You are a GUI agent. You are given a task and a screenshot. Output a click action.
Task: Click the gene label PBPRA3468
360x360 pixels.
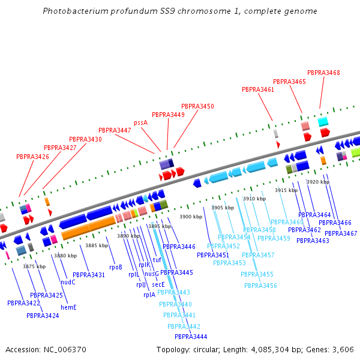click(323, 73)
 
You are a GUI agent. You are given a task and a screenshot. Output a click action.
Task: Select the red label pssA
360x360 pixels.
click(140, 122)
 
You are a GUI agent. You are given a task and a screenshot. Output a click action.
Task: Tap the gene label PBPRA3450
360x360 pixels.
click(197, 106)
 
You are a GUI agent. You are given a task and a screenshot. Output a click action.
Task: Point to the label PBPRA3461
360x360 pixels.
click(258, 89)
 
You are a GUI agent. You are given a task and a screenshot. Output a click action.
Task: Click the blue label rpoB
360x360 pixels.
click(116, 267)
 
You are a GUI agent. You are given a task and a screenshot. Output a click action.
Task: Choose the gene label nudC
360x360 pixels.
click(68, 282)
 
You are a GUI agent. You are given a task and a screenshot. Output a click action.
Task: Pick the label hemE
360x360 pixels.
click(68, 307)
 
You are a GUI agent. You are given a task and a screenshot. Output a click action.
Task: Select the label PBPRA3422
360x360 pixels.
click(23, 303)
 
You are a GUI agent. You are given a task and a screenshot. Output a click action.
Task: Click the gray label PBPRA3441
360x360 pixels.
click(179, 315)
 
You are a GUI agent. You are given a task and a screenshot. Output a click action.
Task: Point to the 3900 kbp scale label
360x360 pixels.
click(190, 216)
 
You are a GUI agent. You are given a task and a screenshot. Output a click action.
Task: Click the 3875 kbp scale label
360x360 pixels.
click(34, 266)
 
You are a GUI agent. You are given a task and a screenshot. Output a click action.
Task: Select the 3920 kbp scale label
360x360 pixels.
click(317, 182)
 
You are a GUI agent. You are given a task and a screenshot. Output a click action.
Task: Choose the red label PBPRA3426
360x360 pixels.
click(32, 157)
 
